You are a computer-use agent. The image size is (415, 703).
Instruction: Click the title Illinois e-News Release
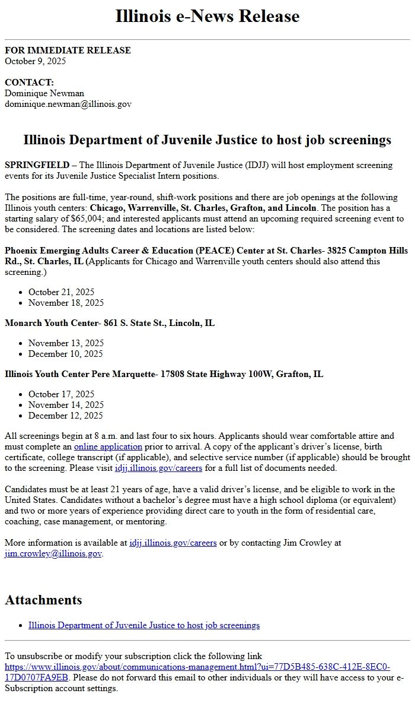click(207, 16)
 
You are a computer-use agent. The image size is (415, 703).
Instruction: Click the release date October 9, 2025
click(35, 61)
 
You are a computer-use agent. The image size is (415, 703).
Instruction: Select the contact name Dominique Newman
click(44, 93)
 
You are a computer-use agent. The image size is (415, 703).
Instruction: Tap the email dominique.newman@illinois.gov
click(68, 104)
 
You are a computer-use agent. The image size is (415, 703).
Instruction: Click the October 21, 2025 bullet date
click(61, 292)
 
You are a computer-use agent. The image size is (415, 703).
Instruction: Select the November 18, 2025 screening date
click(66, 303)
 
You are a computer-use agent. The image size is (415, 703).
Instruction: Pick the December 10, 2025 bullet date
click(65, 354)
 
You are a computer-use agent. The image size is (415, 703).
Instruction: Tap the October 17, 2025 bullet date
click(61, 394)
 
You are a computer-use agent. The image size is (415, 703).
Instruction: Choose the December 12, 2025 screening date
click(65, 416)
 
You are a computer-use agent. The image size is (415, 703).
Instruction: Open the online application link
click(108, 446)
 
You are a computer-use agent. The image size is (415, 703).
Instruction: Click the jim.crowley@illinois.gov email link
click(53, 553)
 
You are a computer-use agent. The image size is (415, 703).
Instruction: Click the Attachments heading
click(43, 600)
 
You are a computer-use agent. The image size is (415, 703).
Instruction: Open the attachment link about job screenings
click(144, 625)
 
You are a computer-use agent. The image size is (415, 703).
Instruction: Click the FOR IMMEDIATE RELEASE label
click(68, 50)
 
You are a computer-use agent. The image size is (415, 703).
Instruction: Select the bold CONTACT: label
click(29, 83)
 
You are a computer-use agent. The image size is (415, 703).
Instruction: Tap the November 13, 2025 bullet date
click(66, 343)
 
